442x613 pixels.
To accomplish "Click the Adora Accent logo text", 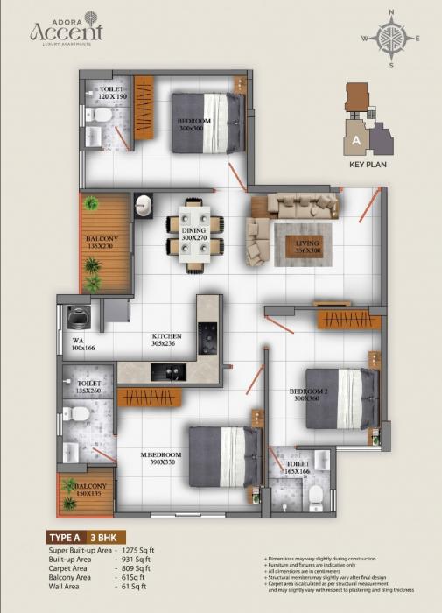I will coord(66,32).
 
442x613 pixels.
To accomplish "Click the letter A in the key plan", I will coord(356,139).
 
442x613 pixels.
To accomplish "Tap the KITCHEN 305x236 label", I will coord(166,341).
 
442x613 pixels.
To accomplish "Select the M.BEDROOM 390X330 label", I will coord(161,460).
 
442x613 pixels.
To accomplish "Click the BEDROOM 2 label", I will coord(309,394).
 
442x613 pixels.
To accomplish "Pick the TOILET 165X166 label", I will coord(298,469).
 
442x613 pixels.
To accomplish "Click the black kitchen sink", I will coord(163,371).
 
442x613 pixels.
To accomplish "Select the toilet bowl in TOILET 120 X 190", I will coord(102,115).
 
